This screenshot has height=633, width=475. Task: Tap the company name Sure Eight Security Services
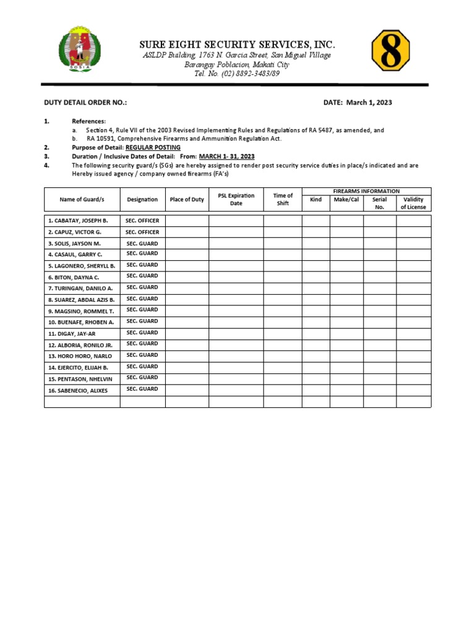tap(237, 45)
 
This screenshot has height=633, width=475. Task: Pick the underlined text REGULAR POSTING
tap(153, 148)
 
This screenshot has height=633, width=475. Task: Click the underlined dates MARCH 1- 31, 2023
tap(226, 157)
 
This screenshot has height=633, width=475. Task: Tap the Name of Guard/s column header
tap(82, 200)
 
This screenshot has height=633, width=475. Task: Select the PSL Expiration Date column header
tap(236, 200)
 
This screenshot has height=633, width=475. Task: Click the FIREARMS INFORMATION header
tap(367, 192)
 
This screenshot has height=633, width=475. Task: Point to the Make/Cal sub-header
tap(346, 200)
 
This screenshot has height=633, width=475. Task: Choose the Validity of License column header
tap(413, 203)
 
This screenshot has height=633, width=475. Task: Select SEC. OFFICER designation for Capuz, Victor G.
tap(142, 232)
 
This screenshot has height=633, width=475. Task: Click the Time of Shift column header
tap(283, 200)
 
